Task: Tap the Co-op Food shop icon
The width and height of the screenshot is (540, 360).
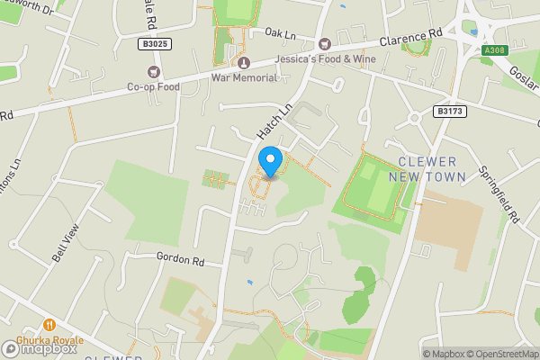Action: click(153, 72)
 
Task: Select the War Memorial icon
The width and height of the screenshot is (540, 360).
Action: click(243, 61)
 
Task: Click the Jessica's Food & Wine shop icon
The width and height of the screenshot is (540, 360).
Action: click(325, 43)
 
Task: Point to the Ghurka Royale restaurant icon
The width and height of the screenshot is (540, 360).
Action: click(49, 325)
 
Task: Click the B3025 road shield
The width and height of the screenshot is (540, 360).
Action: click(155, 43)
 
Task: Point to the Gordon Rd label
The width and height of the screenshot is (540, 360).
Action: click(180, 259)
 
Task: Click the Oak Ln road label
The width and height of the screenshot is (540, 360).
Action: click(280, 33)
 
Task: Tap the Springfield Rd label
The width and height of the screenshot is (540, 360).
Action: click(511, 193)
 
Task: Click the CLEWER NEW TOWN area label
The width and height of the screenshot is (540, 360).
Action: click(432, 169)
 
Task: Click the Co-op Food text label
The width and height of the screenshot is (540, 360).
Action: click(153, 87)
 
